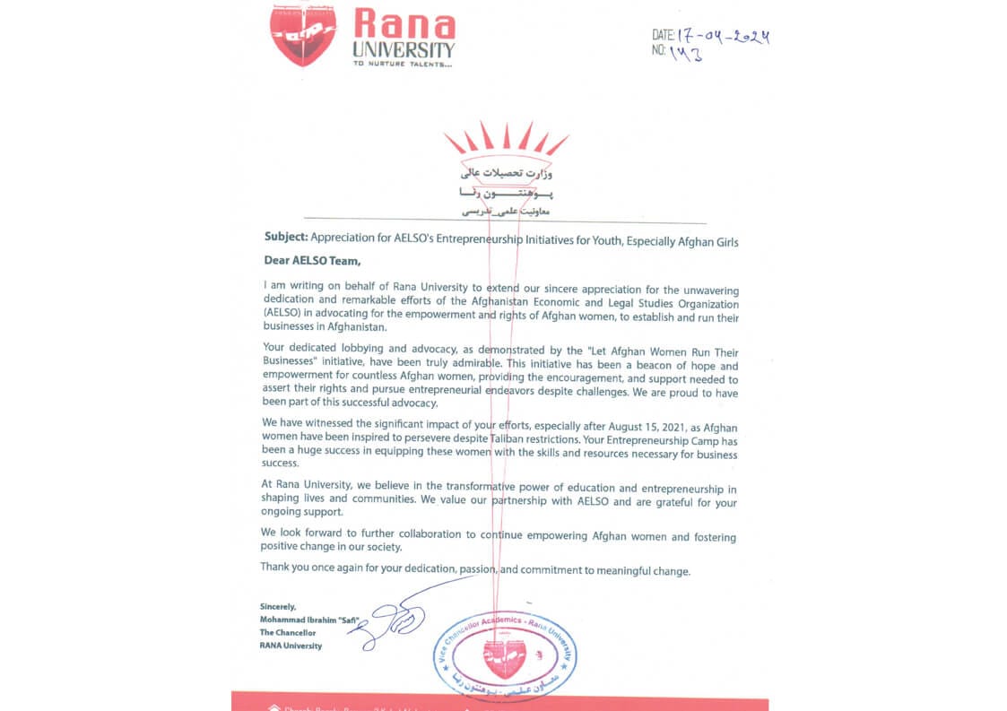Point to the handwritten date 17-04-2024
[x=725, y=37]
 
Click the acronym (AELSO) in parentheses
[x=285, y=311]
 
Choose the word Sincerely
[x=277, y=606]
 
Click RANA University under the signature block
[x=291, y=646]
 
